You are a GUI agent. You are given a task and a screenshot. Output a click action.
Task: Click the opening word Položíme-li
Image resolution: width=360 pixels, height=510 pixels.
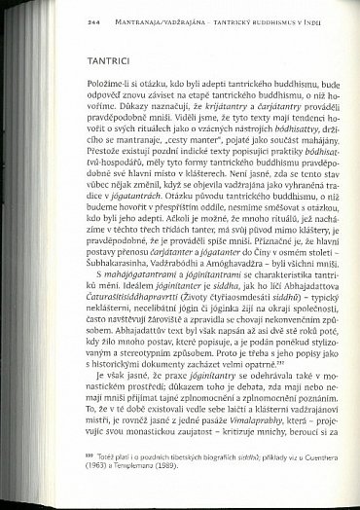pyautogui.click(x=81, y=99)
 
